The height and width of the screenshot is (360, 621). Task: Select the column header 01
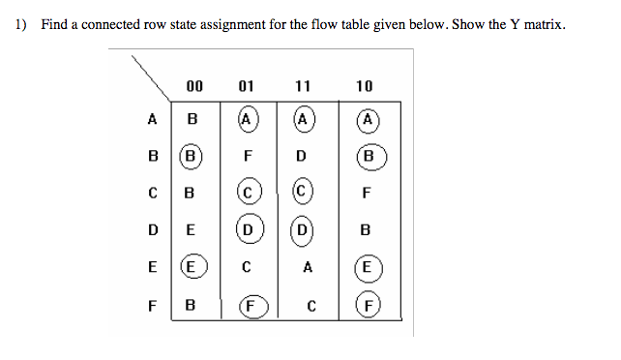coord(247,86)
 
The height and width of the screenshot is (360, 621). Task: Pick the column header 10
coord(364,86)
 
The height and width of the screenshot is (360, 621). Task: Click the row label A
coord(151,120)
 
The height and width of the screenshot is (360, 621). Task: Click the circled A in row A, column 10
coord(366,120)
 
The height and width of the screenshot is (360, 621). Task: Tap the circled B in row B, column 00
coord(192,155)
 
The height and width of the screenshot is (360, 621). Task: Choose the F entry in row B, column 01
coord(248,155)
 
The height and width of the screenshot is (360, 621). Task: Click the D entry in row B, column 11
coord(302,155)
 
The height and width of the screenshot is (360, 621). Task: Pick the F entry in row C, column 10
coord(366,193)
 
